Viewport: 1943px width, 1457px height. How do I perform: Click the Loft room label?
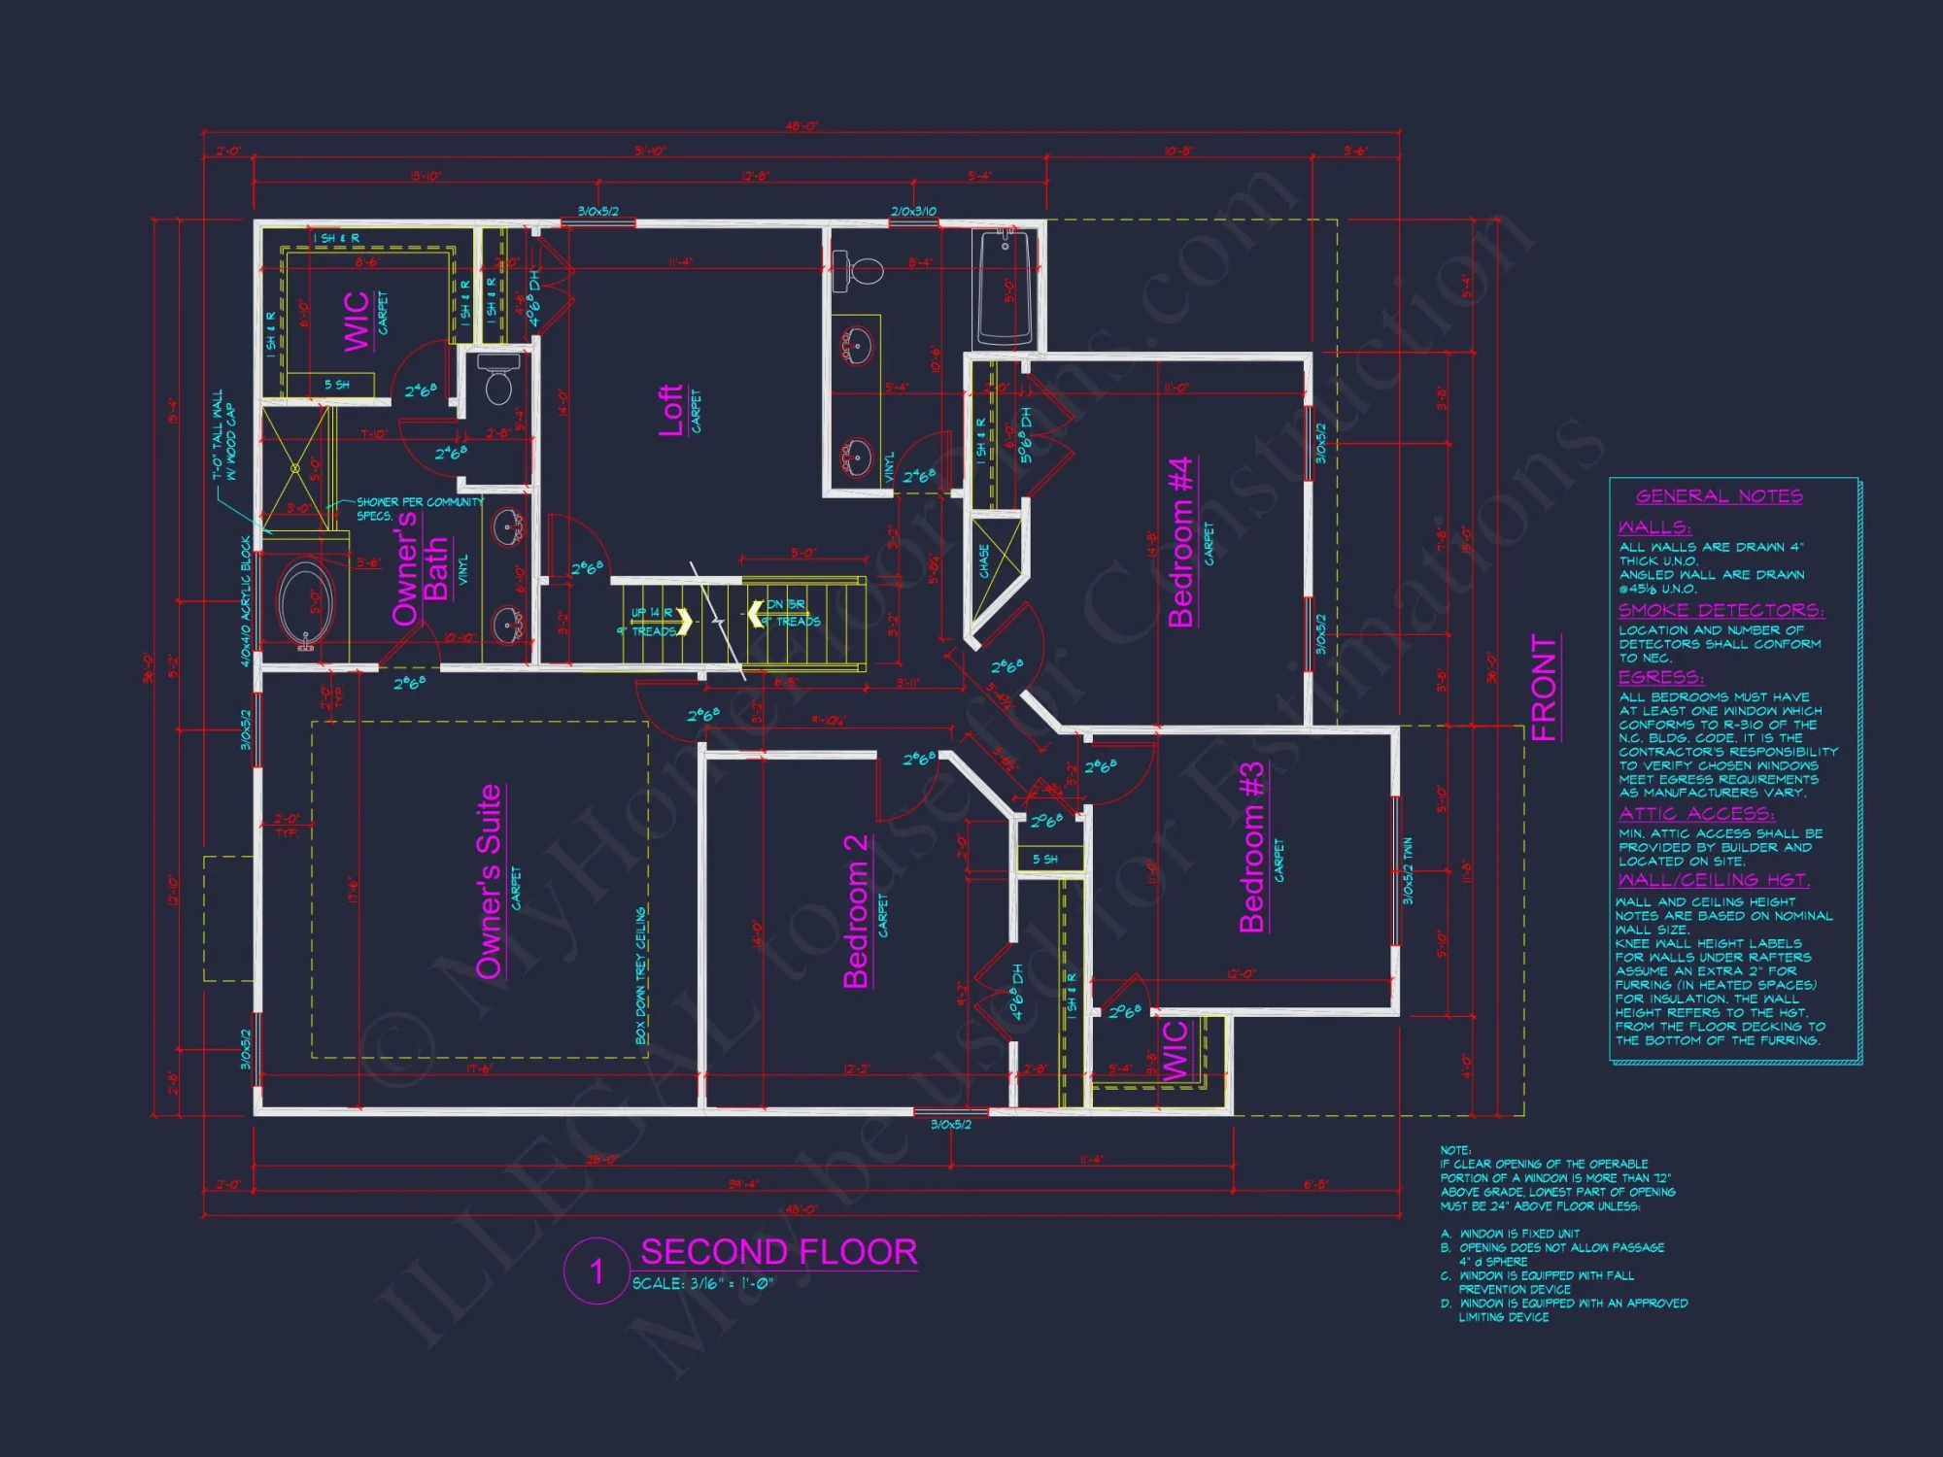[670, 410]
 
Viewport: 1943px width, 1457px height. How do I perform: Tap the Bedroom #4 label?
[1179, 542]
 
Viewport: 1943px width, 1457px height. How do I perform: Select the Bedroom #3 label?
[1252, 846]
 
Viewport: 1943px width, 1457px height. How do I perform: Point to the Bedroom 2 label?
[856, 910]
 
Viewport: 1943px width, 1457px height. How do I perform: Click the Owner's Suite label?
[489, 881]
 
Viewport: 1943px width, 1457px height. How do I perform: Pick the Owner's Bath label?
[420, 569]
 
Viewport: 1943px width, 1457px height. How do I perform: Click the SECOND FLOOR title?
[778, 1251]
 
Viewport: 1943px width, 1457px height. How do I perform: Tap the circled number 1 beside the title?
[597, 1271]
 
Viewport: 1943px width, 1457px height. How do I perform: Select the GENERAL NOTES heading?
[1719, 496]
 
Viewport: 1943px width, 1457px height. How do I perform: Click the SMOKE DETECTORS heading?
[1721, 610]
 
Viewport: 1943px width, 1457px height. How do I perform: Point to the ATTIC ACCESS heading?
[1695, 814]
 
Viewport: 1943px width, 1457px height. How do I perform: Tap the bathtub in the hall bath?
[1005, 286]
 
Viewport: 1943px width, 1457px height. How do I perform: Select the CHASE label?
[984, 560]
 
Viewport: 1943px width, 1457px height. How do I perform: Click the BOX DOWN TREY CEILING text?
[640, 975]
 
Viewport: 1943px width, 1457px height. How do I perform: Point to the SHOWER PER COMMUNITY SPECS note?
[418, 508]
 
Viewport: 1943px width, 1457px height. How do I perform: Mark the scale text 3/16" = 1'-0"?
[703, 1284]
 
